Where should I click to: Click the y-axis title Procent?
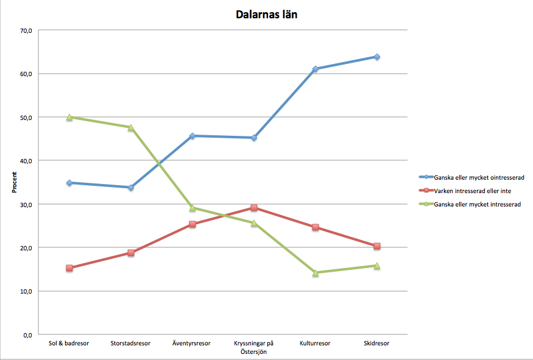click(14, 183)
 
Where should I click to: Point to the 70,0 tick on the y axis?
click(26, 30)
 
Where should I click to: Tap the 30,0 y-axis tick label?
click(26, 204)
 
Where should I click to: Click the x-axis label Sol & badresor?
click(69, 344)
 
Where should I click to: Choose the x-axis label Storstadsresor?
click(130, 344)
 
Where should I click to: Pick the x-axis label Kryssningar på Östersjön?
click(253, 347)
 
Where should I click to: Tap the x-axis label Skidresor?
click(376, 344)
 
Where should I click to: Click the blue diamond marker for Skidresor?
click(377, 57)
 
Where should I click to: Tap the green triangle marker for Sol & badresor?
click(69, 117)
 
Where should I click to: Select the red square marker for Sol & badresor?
click(69, 268)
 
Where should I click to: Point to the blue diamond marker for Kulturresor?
click(316, 69)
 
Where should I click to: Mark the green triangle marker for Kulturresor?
click(316, 273)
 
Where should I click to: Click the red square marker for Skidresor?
click(377, 246)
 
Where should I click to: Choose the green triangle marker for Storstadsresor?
click(130, 127)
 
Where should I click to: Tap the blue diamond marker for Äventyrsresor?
click(192, 136)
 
